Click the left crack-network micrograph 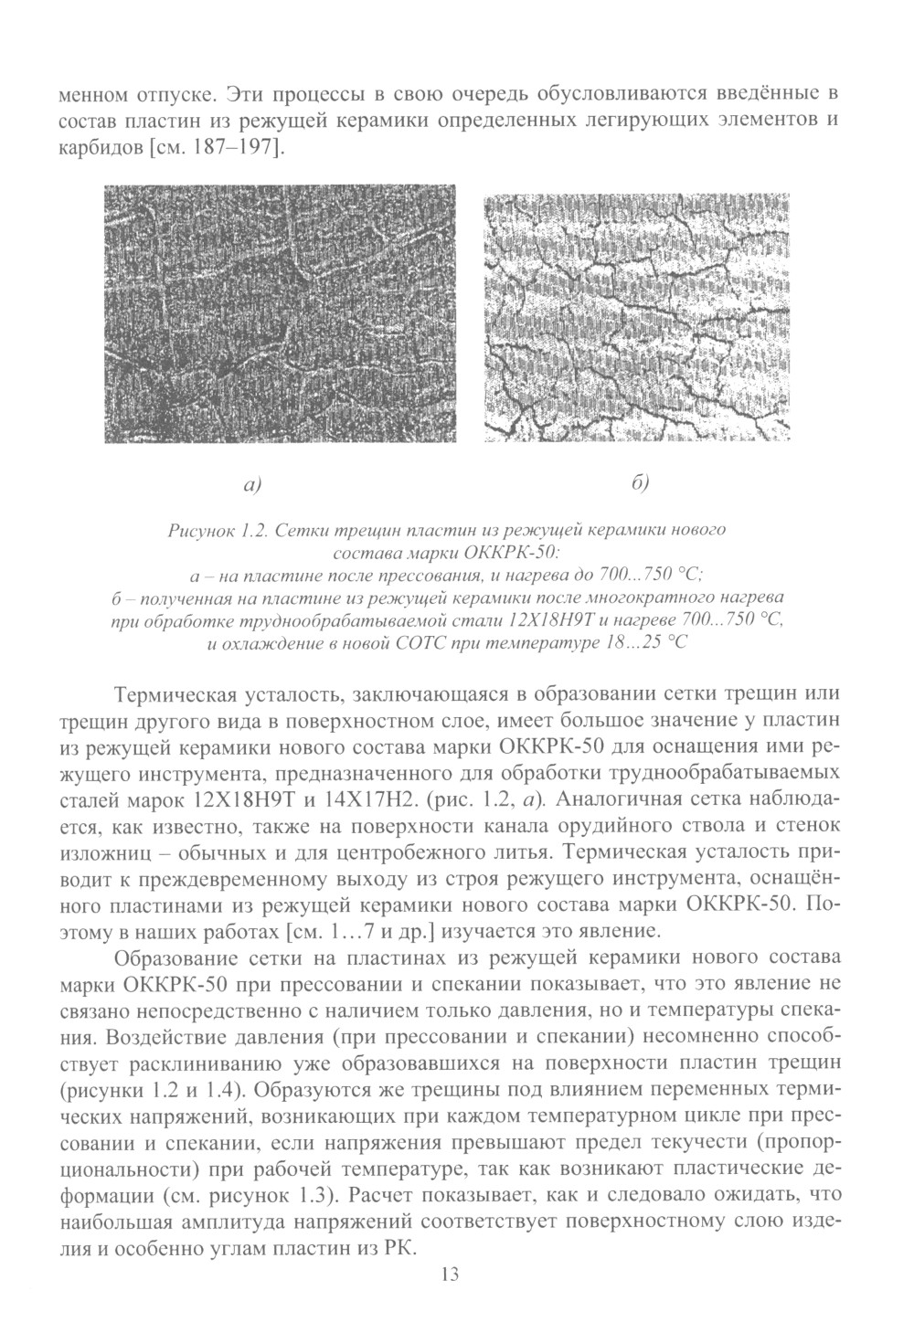point(280,313)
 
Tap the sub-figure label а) point(253,483)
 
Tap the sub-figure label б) point(639,483)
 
